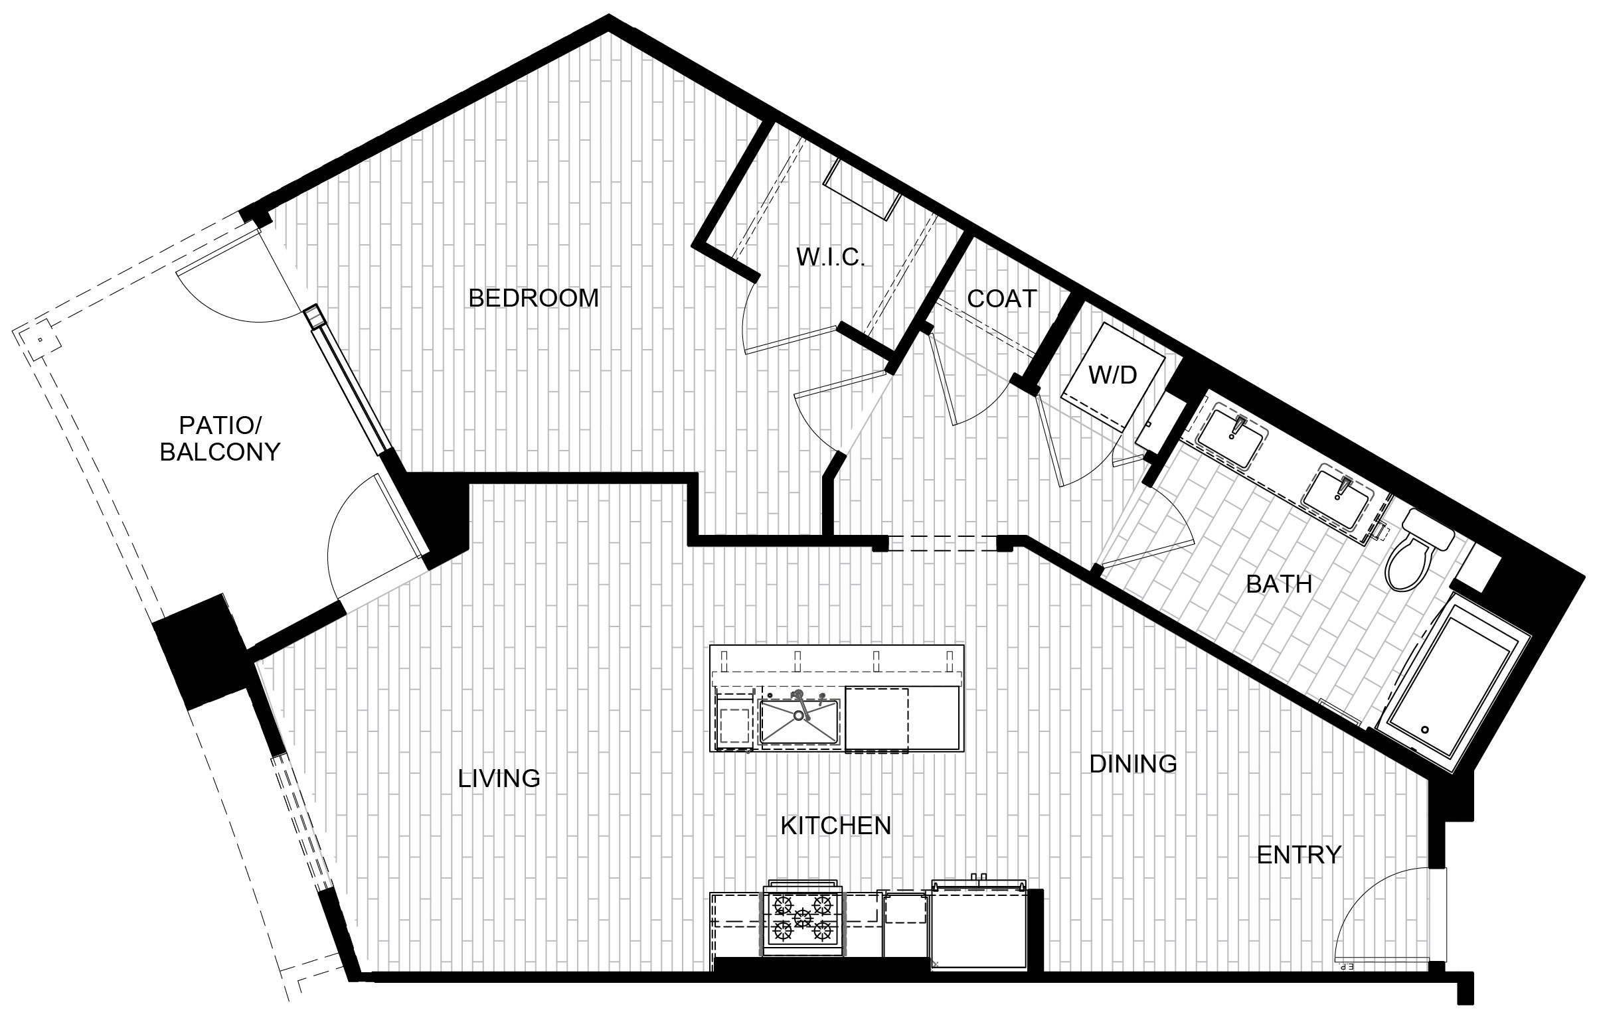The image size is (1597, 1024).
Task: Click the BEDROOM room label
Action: tap(533, 298)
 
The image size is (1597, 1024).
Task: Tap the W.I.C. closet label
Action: tap(831, 257)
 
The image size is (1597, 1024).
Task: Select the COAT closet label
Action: tap(1002, 299)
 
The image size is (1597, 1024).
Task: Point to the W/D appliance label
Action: tap(1113, 375)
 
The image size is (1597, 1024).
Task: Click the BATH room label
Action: tap(1278, 584)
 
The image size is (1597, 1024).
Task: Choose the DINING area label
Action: tap(1134, 763)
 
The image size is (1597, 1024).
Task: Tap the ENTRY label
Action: tap(1299, 855)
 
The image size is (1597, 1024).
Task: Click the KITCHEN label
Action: tap(835, 826)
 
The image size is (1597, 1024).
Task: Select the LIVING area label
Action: tap(499, 778)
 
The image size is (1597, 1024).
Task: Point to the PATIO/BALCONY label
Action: tap(220, 438)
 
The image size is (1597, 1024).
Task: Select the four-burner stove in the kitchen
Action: tap(803, 922)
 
